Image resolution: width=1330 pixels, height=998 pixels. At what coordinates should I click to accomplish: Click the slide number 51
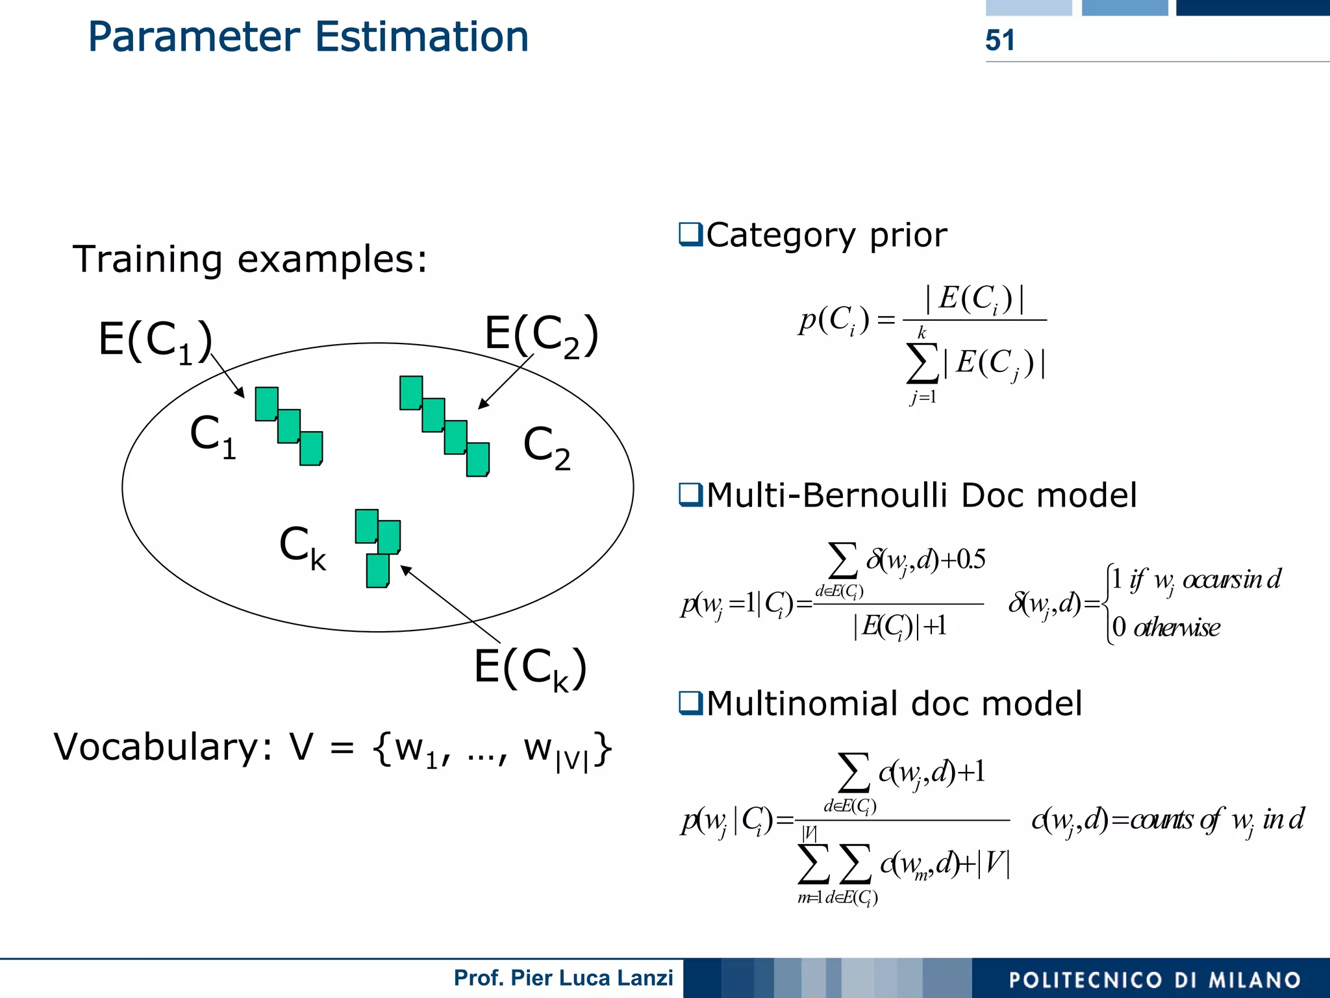[x=999, y=40]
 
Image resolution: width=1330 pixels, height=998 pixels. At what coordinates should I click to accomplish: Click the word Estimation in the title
[x=421, y=37]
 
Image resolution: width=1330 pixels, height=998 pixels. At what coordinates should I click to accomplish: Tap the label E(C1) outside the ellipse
[x=155, y=340]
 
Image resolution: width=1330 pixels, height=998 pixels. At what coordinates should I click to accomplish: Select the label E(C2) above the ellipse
[x=541, y=334]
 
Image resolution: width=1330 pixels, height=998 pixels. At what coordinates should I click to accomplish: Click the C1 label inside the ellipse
[x=213, y=436]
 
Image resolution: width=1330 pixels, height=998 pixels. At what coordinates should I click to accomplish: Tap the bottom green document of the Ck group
[x=377, y=571]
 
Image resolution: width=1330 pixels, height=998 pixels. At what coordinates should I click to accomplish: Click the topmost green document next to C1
[x=266, y=404]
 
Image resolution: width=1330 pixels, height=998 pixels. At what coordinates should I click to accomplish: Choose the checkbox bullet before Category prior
[x=690, y=234]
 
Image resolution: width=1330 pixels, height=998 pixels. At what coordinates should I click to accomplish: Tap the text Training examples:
[x=250, y=259]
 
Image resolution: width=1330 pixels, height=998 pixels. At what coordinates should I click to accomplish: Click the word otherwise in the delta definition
[x=1176, y=628]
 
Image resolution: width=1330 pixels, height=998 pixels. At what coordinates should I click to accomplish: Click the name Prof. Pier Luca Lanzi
[x=563, y=978]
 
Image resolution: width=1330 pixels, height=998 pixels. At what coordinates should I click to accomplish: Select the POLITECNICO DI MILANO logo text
[x=1154, y=980]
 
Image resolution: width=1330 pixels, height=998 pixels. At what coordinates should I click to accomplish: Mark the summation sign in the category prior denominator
[x=922, y=363]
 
